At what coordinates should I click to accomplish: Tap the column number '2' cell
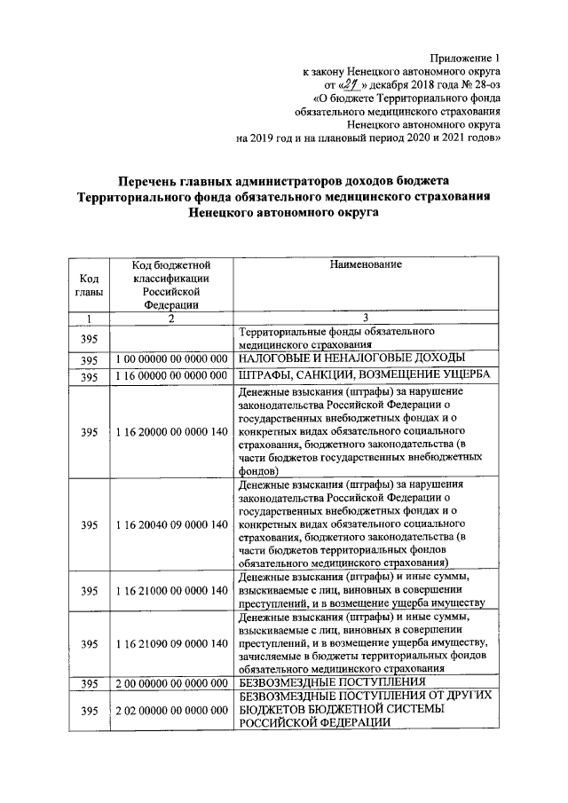(170, 318)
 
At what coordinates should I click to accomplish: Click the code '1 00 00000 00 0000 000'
(170, 358)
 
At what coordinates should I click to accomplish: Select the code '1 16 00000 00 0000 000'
(170, 376)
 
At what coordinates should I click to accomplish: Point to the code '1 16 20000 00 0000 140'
(170, 432)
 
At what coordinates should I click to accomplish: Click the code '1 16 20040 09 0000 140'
(170, 524)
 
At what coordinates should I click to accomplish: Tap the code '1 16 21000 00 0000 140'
(170, 590)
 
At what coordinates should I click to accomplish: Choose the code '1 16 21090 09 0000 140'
(170, 643)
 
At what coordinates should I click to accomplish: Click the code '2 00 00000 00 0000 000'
(170, 683)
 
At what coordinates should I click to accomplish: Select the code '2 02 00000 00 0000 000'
(170, 711)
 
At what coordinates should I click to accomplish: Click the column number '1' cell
(88, 318)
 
